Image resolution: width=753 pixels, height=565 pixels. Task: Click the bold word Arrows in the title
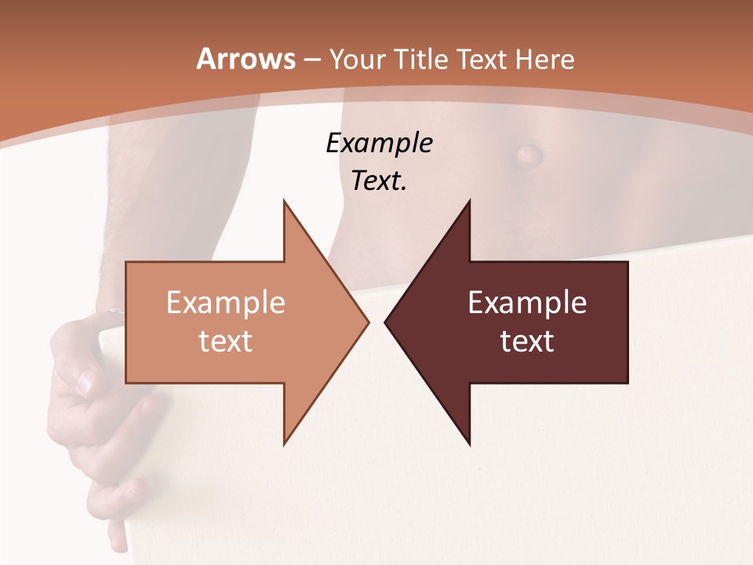[x=246, y=59]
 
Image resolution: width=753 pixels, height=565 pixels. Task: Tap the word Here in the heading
[x=544, y=59]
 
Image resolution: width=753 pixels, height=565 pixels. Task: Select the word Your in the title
[x=358, y=59]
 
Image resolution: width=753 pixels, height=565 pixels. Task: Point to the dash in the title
[x=311, y=60]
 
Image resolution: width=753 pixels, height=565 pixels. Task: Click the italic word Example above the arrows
[x=379, y=143]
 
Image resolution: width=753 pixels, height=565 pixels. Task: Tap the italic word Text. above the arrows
[x=379, y=180]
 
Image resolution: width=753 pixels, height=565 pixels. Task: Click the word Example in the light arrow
[x=225, y=303]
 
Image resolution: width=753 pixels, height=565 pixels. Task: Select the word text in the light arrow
[x=225, y=341]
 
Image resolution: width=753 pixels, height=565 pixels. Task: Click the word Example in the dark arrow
[x=527, y=303]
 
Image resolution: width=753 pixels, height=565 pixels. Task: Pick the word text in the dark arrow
[x=527, y=341]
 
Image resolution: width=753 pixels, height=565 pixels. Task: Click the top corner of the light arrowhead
[x=284, y=201]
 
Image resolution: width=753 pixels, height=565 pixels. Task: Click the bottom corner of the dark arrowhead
[x=469, y=444]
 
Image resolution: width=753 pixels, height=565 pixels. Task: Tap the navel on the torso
[x=527, y=154]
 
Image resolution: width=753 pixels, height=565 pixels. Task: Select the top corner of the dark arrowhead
[x=469, y=201]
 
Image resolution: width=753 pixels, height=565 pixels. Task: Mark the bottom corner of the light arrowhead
[x=284, y=444]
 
